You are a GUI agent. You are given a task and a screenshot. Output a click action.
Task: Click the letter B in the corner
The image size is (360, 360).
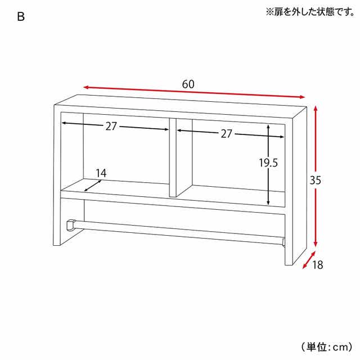point(21,17)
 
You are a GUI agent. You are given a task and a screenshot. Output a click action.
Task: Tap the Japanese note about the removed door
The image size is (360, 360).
point(310,12)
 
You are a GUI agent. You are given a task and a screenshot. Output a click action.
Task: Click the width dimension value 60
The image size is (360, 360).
point(188,84)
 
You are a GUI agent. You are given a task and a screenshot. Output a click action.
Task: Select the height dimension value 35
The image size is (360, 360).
point(315,180)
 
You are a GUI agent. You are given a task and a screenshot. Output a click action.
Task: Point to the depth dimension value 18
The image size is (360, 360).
point(317,265)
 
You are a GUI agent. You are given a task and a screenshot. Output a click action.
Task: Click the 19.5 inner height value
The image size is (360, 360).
point(268,163)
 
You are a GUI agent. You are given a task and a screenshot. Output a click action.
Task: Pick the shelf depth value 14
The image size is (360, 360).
point(101,173)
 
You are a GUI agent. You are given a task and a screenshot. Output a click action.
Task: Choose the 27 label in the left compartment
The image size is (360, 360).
point(111,126)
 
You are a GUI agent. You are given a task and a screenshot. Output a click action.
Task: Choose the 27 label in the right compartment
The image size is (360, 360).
point(226,134)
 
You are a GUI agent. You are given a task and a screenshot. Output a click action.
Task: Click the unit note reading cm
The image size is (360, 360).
point(326,346)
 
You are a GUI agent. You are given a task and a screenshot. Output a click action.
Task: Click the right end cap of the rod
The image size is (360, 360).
point(283,242)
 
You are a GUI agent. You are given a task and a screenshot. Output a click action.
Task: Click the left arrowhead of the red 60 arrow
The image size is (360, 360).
point(86,87)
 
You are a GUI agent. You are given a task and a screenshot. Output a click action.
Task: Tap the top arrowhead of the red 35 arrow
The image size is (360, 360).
point(316,109)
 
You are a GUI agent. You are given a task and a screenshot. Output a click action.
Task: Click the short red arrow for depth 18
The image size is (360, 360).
point(309,260)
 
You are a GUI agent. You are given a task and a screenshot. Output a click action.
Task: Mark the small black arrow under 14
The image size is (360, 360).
point(93,186)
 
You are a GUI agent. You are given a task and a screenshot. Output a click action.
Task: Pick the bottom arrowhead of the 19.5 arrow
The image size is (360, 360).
point(268,202)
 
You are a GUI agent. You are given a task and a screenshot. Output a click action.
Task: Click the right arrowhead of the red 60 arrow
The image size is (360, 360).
point(301,97)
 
